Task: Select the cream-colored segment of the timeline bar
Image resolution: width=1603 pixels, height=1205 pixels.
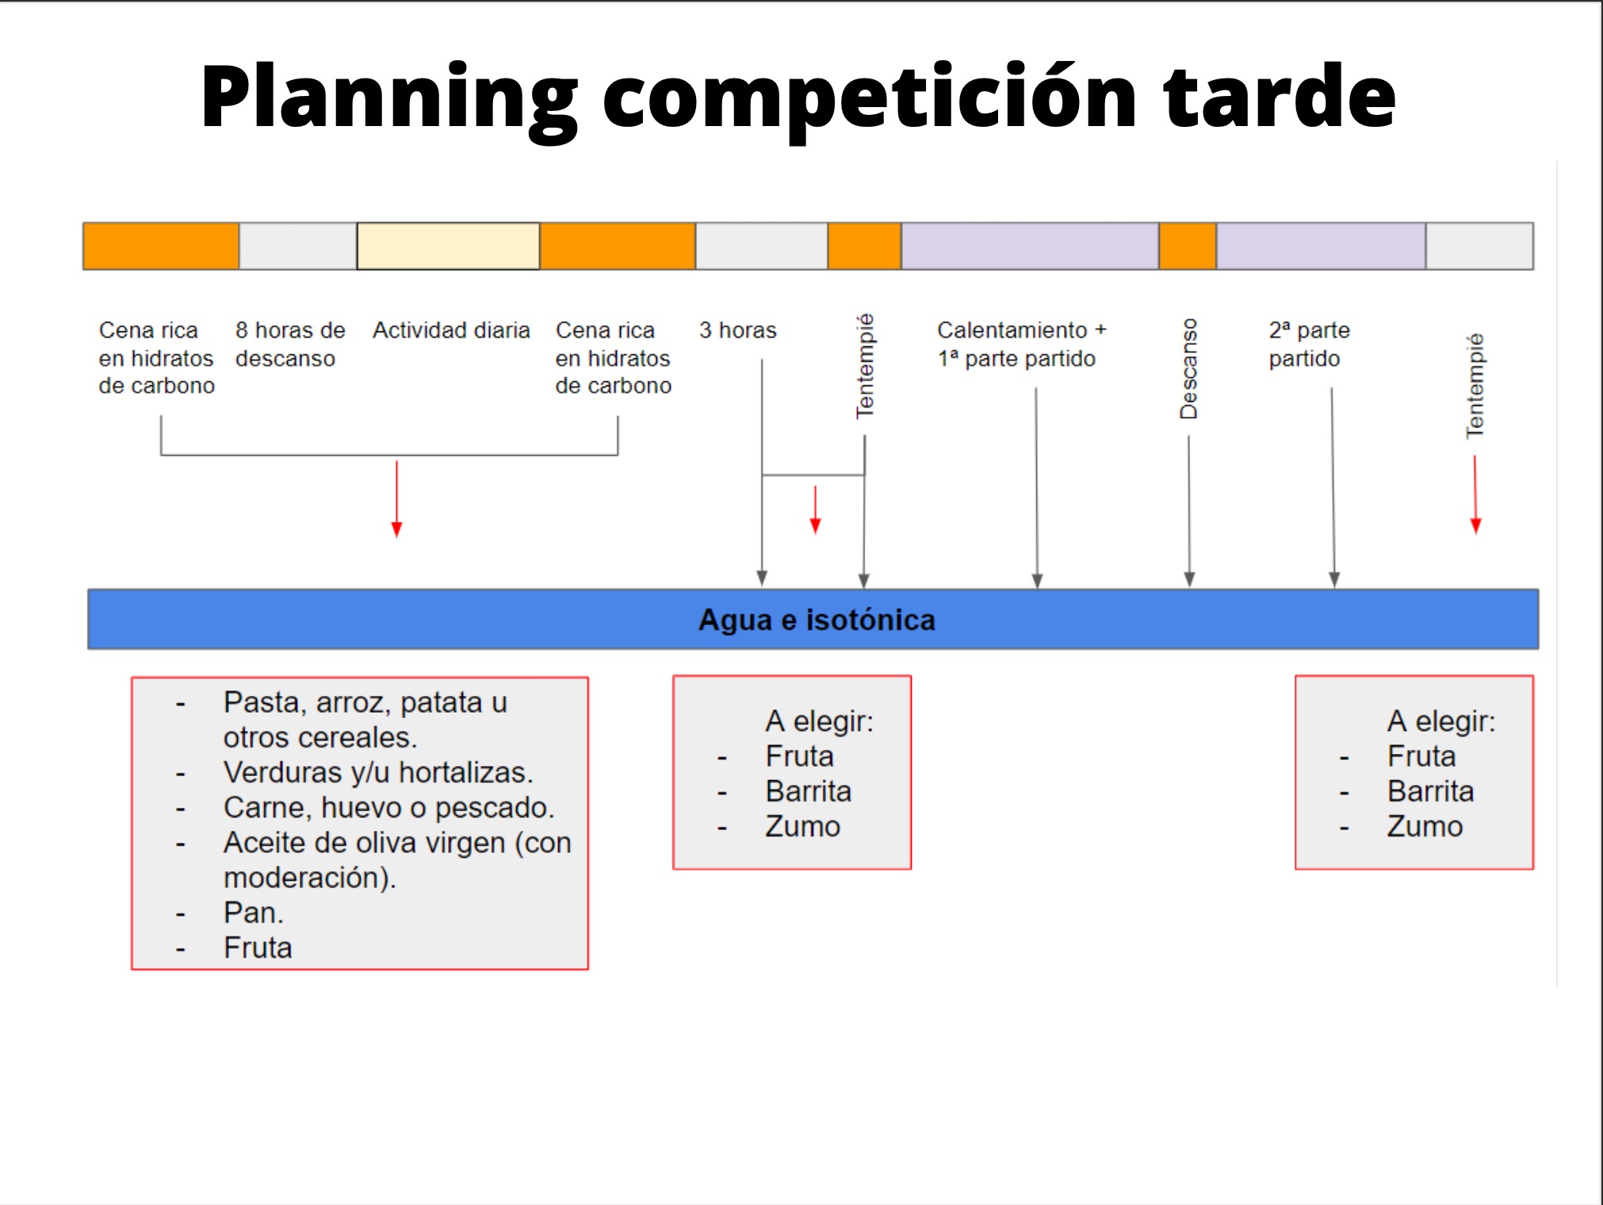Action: [x=448, y=247]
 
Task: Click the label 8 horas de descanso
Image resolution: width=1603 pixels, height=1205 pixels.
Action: [x=290, y=344]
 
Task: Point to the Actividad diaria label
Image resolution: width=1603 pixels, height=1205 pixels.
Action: [x=451, y=330]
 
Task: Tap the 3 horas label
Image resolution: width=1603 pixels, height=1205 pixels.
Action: [x=738, y=330]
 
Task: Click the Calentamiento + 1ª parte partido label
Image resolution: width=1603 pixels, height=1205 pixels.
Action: [x=1022, y=344]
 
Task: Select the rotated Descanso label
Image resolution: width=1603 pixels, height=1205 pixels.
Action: [x=1188, y=369]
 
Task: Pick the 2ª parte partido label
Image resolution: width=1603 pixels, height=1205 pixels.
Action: [x=1309, y=344]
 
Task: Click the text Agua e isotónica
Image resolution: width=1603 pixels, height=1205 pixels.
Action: [x=817, y=620]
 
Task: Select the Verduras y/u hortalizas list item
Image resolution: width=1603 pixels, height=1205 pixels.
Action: [x=378, y=772]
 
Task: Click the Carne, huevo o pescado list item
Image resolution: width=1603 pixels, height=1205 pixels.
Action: [x=388, y=807]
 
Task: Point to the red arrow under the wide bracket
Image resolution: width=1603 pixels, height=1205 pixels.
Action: [x=397, y=499]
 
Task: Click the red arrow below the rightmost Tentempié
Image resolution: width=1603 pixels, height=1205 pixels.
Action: [x=1475, y=495]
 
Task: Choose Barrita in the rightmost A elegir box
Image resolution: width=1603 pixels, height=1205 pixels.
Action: [x=1430, y=791]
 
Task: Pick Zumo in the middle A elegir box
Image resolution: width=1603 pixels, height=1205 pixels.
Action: [x=802, y=826]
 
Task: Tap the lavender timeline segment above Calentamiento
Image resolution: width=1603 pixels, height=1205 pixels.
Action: [x=1030, y=247]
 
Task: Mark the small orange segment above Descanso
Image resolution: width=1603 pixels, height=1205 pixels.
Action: [x=1188, y=247]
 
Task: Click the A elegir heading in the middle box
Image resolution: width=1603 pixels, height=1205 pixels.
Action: [x=819, y=721]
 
